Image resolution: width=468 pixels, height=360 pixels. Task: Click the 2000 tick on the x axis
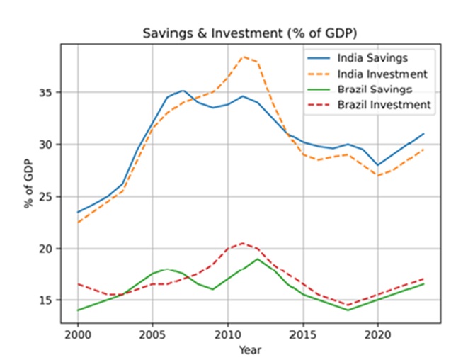point(77,333)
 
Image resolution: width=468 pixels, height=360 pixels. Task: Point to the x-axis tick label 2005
point(152,333)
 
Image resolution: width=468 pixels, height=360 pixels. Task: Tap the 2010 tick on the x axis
point(227,333)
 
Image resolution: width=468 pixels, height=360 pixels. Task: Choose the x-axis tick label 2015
point(302,333)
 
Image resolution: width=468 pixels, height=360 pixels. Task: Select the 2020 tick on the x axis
point(377,333)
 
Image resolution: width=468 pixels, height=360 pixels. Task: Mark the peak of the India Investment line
point(242,57)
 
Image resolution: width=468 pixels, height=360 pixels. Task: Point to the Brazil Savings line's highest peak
point(257,259)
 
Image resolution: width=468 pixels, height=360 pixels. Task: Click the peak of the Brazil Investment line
point(242,243)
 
